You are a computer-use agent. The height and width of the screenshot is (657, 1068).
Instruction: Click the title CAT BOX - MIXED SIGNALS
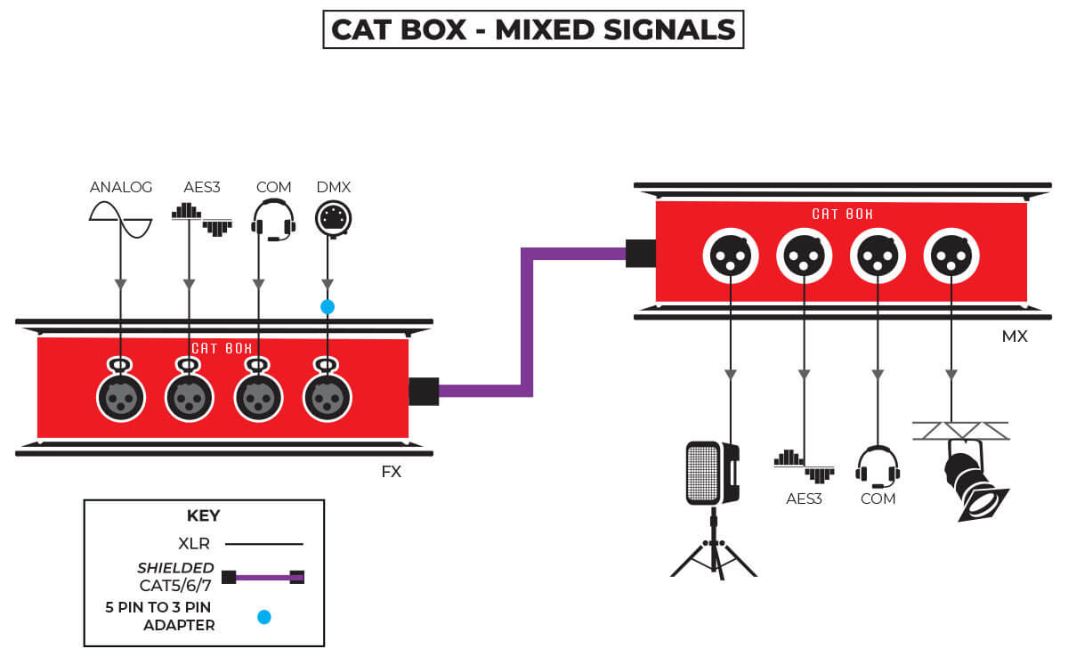coord(533,29)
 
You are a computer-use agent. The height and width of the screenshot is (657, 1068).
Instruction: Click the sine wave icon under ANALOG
coord(121,219)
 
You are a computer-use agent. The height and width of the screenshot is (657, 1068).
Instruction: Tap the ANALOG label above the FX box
coord(121,187)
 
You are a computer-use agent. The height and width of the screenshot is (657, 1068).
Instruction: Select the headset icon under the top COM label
coord(273,219)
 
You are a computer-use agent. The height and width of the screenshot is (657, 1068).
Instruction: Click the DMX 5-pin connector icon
coord(333,218)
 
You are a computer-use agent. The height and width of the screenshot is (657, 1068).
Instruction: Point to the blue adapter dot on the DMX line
coord(328,306)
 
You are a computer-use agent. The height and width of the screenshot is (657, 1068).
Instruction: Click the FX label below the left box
coord(391,472)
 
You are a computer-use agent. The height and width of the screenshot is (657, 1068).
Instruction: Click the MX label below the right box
coord(1015,337)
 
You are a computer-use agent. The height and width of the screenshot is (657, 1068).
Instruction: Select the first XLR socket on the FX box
coord(121,397)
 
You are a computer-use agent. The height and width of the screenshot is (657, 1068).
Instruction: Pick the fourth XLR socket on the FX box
coord(328,397)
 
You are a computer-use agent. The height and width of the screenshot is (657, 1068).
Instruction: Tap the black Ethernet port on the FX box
coord(424,391)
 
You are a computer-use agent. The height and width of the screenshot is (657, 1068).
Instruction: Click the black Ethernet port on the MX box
coord(641,253)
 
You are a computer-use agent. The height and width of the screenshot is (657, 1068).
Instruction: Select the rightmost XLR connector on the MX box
coord(951,256)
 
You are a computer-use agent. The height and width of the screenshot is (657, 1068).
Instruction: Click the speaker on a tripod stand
coord(713,499)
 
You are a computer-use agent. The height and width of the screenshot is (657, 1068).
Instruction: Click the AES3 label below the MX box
coord(804,499)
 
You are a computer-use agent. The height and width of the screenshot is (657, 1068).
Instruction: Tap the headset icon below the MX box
coord(878,466)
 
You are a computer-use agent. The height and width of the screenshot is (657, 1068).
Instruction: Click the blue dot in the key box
coord(263,615)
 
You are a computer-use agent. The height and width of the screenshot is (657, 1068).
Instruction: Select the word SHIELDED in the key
coord(175,568)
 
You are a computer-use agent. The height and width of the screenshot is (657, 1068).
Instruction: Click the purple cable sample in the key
coord(263,577)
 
